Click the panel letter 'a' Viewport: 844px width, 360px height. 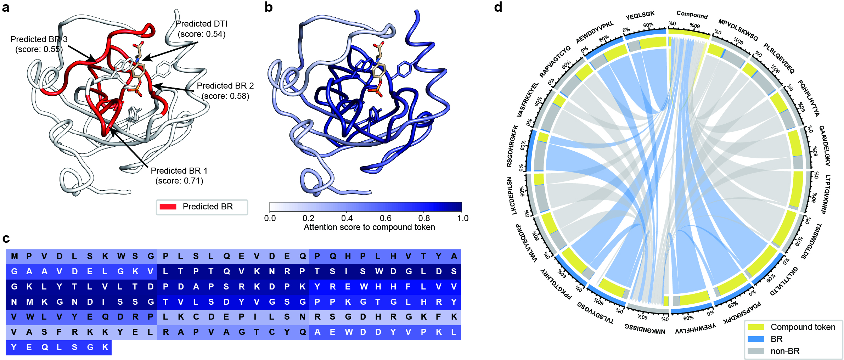click(6, 7)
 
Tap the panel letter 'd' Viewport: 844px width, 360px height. click(498, 7)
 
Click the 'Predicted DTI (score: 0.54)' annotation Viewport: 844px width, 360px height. click(201, 29)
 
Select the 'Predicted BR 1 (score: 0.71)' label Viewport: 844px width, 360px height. click(179, 176)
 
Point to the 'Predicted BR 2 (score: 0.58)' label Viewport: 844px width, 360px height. click(225, 91)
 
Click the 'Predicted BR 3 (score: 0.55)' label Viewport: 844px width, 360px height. click(39, 44)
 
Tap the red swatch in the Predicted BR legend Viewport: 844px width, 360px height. click(168, 207)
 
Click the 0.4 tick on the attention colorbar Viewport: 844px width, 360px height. click(347, 218)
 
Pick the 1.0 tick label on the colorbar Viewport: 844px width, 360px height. click(463, 218)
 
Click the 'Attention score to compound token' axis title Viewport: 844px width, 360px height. click(369, 227)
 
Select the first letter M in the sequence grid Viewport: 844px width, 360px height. click(14, 256)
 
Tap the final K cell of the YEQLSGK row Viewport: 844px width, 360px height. click(105, 347)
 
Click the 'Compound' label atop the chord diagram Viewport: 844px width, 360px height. click(692, 15)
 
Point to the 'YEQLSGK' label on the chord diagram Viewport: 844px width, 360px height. click(640, 16)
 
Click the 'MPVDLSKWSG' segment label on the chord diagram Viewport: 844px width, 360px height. click(738, 30)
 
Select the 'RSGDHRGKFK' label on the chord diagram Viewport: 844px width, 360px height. click(512, 146)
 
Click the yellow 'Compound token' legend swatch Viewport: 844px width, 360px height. click(756, 327)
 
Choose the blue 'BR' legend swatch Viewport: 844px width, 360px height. click(756, 339)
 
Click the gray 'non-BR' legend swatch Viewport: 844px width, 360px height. click(756, 351)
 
